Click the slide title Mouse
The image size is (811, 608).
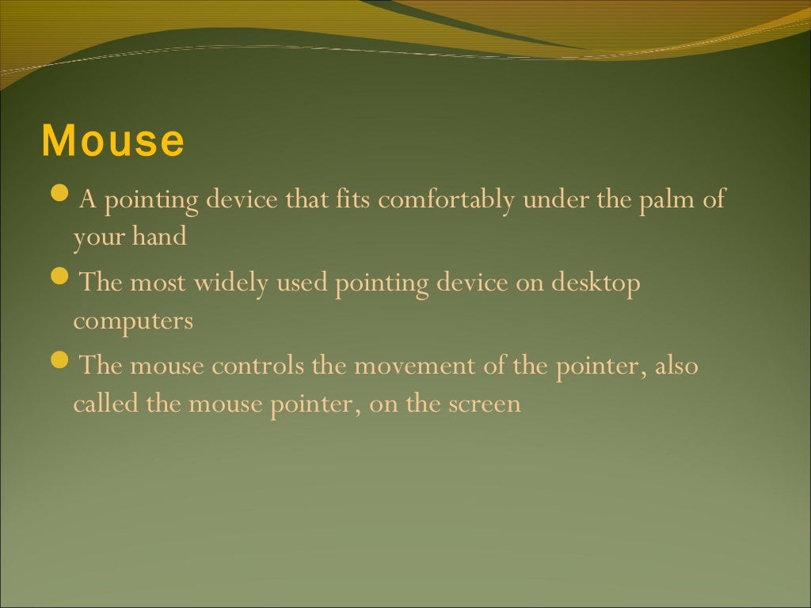tap(112, 141)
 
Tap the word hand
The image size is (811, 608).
tap(162, 237)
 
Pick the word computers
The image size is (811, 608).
tap(133, 321)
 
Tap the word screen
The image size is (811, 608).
tap(485, 405)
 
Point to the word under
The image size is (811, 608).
tap(557, 199)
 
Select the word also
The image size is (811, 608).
tap(676, 367)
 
